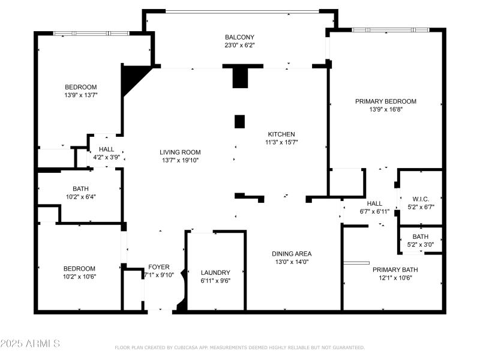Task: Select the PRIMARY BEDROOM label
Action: (385, 101)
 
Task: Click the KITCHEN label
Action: (281, 134)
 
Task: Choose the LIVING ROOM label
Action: (180, 152)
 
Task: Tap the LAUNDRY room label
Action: (215, 272)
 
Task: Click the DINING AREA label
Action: (291, 254)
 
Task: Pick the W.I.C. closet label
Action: (420, 199)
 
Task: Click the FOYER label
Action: (159, 267)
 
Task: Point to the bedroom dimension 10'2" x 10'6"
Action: (80, 277)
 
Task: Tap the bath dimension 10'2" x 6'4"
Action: (80, 196)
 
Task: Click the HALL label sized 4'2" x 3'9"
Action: (106, 149)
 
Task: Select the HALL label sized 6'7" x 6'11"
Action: (374, 203)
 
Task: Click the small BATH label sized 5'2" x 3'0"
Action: (420, 236)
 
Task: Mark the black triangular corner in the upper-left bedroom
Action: (131, 77)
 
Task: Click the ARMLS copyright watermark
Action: (30, 344)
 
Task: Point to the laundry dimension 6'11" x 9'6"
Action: (215, 281)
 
